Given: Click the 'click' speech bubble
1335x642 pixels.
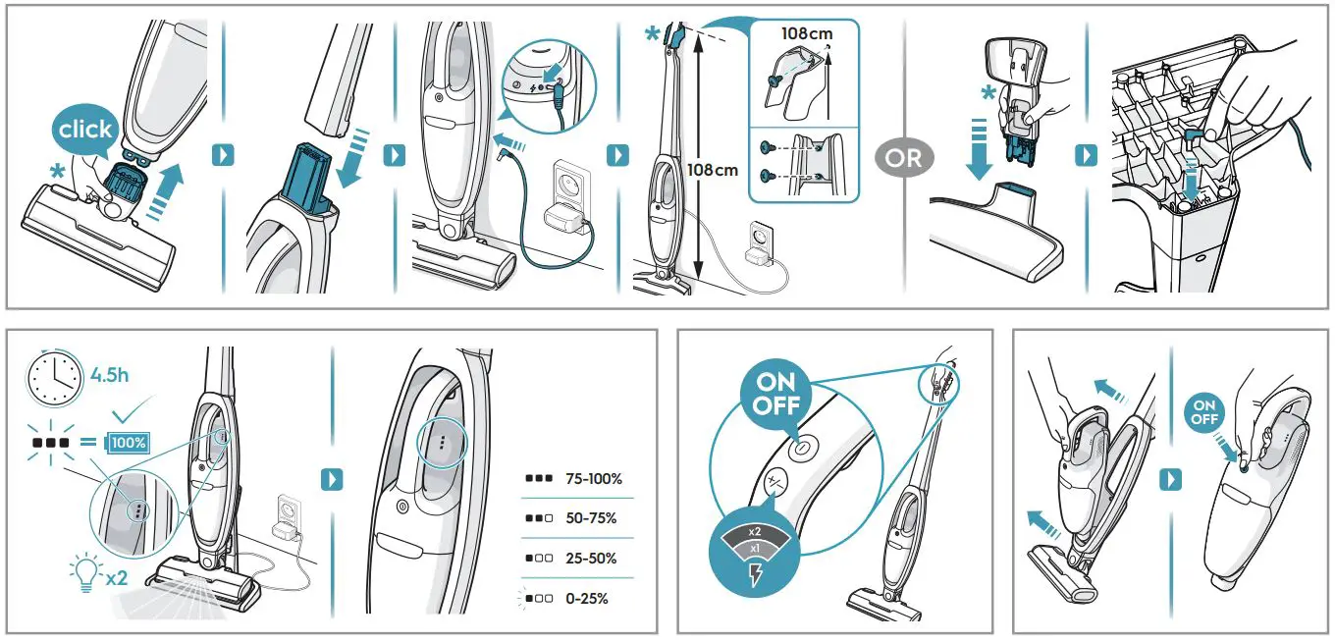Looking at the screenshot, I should click(85, 130).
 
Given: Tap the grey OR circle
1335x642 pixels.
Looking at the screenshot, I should click(904, 156).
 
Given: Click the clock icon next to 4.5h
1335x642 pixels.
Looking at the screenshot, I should click(54, 378).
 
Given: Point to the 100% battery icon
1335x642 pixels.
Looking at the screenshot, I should click(128, 443).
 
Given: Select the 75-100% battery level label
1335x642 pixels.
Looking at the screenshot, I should click(593, 480).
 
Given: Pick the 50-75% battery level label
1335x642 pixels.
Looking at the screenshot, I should click(591, 518).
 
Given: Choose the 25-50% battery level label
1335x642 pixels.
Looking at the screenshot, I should click(591, 558).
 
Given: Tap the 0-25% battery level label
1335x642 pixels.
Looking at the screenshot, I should click(586, 598).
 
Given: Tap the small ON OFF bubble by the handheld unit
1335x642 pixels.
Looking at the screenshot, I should click(1204, 412).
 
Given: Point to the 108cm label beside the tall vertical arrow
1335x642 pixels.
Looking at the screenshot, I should click(713, 170).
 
